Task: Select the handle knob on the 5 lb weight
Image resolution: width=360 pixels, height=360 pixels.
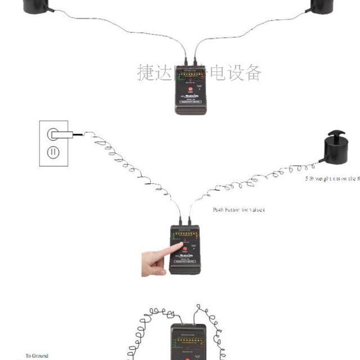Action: (x=335, y=134)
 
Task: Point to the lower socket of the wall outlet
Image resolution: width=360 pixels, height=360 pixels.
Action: (x=54, y=152)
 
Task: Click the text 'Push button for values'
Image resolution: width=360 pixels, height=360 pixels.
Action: (x=238, y=210)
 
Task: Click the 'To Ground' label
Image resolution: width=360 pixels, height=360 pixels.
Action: (x=36, y=355)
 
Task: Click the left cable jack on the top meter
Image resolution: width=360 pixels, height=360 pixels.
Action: (x=185, y=63)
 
